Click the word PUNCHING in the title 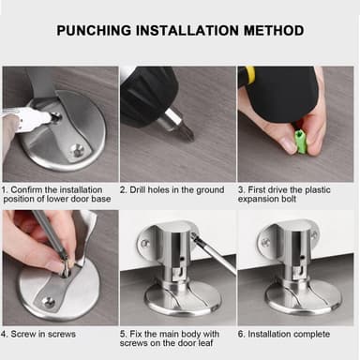[94, 31]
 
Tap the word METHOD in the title [274, 31]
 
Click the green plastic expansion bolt [301, 142]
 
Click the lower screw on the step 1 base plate [77, 151]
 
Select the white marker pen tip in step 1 [54, 117]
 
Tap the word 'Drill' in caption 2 [138, 189]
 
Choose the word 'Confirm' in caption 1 [25, 189]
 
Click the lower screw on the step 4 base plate [48, 302]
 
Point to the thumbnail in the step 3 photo [287, 144]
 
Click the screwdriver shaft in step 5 [215, 252]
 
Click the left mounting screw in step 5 [144, 243]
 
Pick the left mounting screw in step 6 [265, 242]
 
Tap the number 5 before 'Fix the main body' [122, 334]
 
